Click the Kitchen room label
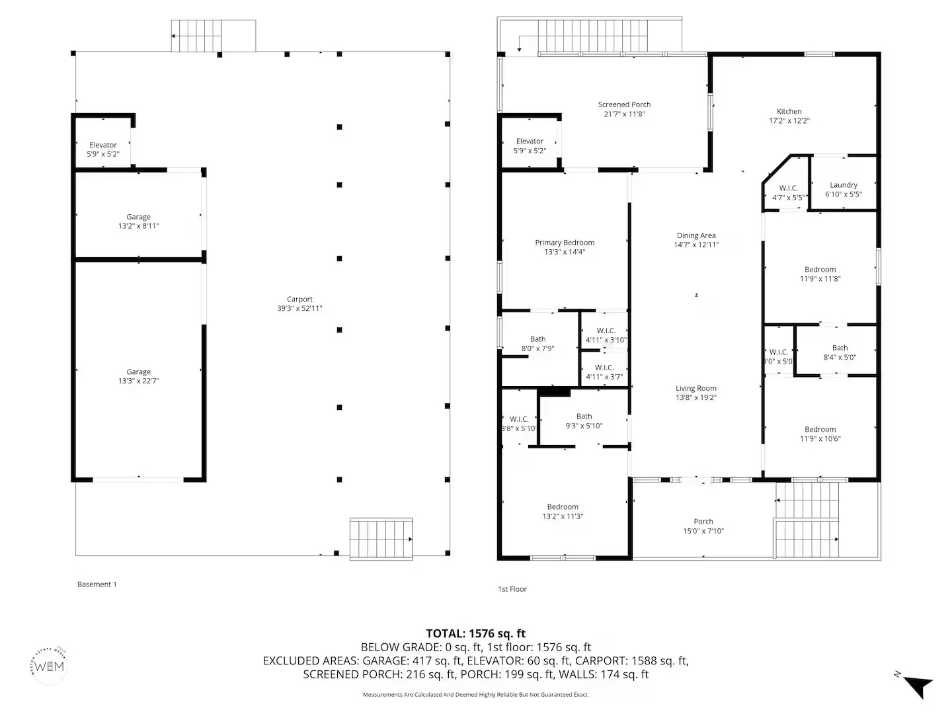789,112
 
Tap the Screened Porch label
624,104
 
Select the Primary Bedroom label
565,243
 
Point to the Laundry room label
844,185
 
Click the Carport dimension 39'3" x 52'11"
299,309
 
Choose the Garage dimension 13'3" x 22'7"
139,381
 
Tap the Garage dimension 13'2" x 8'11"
139,226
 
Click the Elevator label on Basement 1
103,145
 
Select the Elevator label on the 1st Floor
530,141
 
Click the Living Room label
695,389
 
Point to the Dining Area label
696,235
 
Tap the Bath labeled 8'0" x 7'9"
537,344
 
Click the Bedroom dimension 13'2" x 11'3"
563,516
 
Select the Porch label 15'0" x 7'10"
703,526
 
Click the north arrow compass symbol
916,684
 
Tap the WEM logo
50,666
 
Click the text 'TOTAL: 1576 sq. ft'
475,634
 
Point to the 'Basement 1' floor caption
97,584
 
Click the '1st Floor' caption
512,589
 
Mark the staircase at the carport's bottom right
381,539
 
